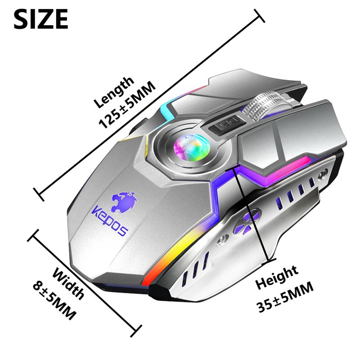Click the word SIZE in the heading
41,18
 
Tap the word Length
114,92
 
